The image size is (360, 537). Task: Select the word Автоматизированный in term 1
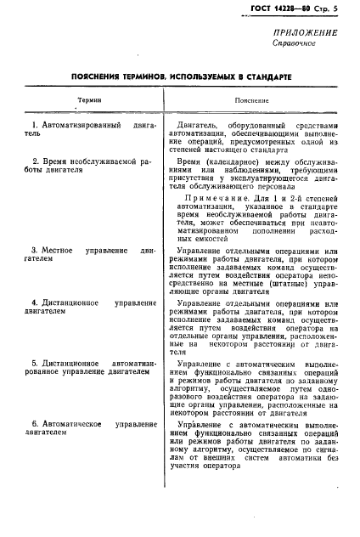click(79, 125)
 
